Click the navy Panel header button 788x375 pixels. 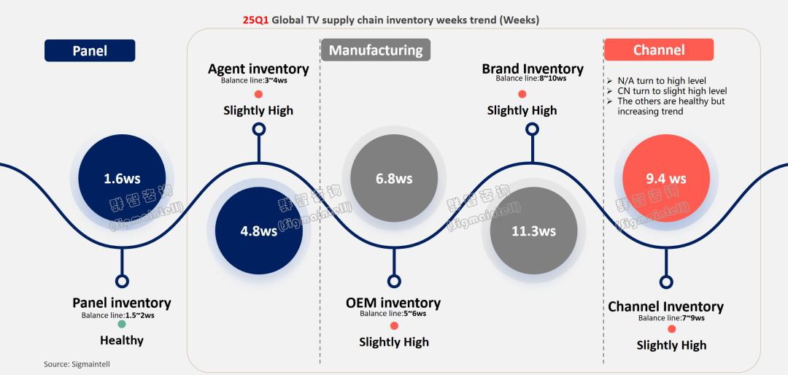(90, 50)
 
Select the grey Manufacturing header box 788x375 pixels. (375, 50)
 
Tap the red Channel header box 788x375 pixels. (658, 50)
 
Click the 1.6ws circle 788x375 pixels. (122, 178)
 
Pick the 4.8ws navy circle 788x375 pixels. (258, 231)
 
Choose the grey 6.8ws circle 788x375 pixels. (394, 178)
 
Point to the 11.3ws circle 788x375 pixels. (533, 231)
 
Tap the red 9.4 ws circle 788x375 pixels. (665, 178)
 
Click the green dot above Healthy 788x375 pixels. (122, 324)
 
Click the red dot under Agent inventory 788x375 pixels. (258, 94)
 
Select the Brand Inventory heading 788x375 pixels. (533, 69)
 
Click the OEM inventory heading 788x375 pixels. (393, 303)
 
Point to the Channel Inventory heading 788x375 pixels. (665, 306)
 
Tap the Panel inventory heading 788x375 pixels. (122, 303)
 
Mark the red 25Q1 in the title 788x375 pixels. (255, 20)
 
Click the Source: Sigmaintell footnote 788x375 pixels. (77, 363)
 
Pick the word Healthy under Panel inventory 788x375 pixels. (122, 340)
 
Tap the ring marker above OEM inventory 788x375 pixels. (394, 281)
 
